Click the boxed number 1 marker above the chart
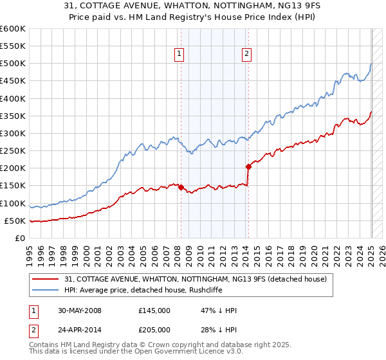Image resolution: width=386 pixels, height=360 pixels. pos(178,55)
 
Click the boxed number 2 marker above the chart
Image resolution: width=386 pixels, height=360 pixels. pos(247,55)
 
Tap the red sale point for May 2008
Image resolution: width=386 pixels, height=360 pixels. pos(181,188)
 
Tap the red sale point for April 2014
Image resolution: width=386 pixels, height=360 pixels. pos(248,166)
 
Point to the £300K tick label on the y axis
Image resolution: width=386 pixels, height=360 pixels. pos(13,133)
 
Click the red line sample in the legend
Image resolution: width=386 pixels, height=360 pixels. pos(46,279)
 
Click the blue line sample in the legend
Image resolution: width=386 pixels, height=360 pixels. pos(46,290)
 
